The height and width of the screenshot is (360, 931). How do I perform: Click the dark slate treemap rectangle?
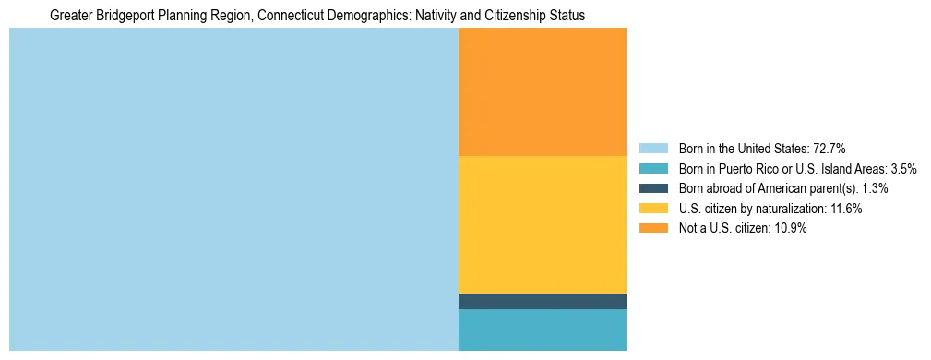tap(543, 301)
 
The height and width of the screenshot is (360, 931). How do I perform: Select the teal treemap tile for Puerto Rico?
tap(543, 330)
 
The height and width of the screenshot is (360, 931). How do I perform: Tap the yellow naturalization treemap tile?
tap(543, 224)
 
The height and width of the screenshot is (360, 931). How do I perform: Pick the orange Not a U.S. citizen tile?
tap(543, 92)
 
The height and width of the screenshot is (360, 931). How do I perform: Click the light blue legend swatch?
tap(652, 148)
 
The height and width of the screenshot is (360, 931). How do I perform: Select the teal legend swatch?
tap(652, 168)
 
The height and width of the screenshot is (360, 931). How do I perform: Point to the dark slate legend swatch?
tap(652, 188)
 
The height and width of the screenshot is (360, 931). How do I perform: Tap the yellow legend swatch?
tap(652, 209)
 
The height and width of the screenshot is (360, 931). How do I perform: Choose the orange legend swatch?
tap(652, 229)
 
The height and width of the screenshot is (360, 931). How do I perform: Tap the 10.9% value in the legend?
tap(791, 229)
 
